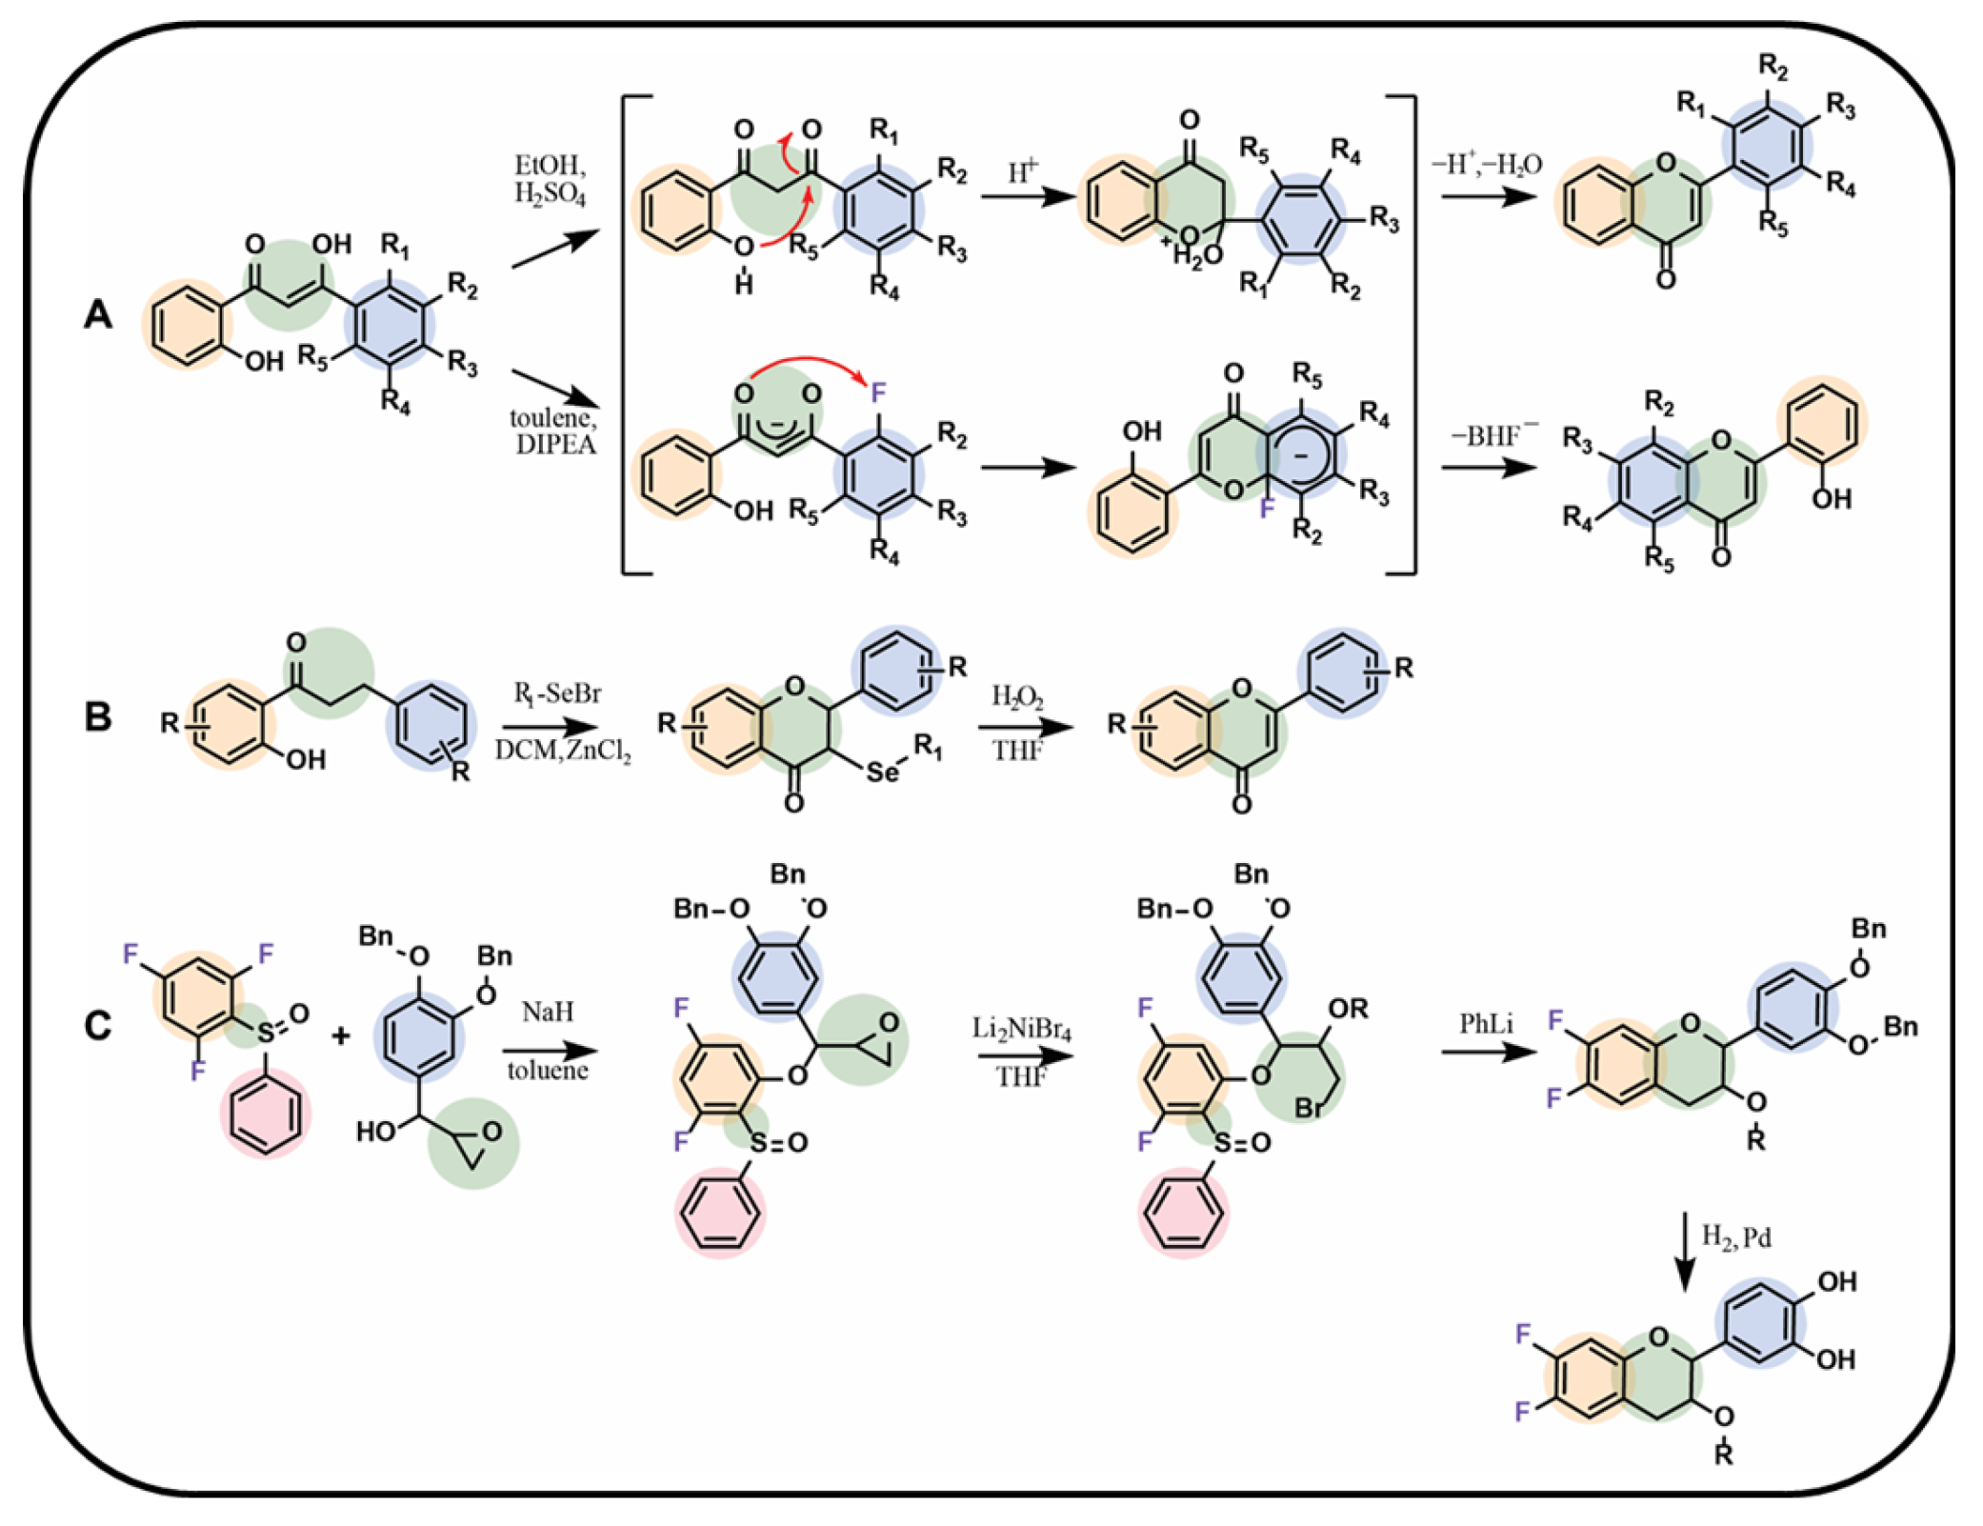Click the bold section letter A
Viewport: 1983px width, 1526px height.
(x=98, y=313)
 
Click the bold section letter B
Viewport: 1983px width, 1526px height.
(x=98, y=716)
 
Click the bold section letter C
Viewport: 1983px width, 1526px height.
(x=98, y=1027)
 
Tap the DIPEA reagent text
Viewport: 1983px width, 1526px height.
(x=556, y=445)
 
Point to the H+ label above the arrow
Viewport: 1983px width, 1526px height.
(x=1023, y=171)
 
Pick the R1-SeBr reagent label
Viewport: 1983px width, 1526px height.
(x=558, y=693)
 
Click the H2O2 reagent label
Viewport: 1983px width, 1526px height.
(x=1017, y=697)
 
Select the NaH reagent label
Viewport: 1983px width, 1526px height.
(x=548, y=1011)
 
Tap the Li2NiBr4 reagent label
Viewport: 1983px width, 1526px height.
(x=1021, y=1029)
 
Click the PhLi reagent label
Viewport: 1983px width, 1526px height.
(x=1486, y=1024)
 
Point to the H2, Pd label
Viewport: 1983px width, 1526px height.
(x=1735, y=1237)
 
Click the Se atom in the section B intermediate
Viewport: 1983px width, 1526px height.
(x=882, y=772)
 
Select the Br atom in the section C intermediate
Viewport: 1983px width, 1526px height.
(x=1309, y=1109)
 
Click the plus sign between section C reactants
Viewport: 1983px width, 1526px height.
(x=341, y=1034)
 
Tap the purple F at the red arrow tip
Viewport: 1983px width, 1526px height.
(x=878, y=392)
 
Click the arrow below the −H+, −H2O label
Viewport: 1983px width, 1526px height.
(x=1489, y=196)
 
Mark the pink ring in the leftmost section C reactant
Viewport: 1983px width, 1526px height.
(x=266, y=1112)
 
